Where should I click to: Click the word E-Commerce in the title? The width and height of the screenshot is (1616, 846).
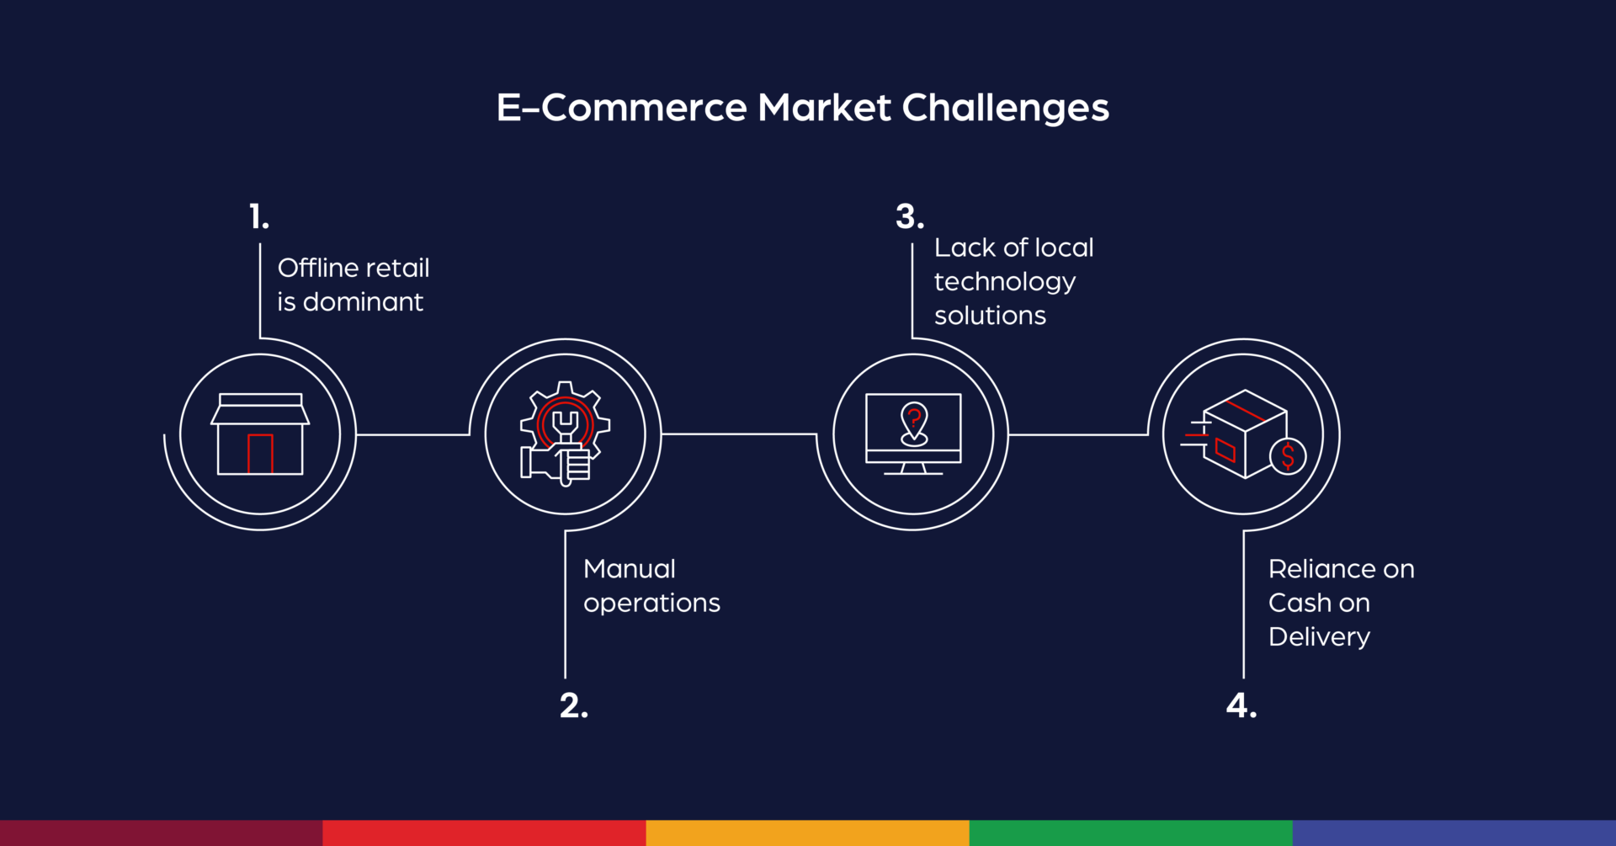tap(621, 108)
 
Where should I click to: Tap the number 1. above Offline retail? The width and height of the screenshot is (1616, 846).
tap(258, 217)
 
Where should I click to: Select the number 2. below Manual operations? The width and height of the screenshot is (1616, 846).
tap(573, 705)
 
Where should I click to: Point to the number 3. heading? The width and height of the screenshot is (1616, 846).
tap(909, 217)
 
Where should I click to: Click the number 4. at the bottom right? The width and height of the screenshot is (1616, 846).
tap(1241, 705)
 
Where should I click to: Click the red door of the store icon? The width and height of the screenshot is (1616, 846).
tap(260, 454)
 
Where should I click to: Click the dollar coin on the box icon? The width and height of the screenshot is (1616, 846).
tap(1288, 456)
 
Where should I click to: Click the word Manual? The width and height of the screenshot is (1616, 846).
tap(630, 569)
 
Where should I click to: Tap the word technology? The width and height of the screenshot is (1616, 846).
tap(1004, 282)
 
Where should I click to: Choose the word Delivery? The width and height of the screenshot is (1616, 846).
tap(1319, 637)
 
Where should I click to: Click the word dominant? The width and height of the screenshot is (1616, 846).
tap(363, 302)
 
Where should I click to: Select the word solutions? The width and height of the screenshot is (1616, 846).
tap(990, 316)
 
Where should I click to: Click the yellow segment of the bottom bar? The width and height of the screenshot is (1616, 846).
tap(807, 833)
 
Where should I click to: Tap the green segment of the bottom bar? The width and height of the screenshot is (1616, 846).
tap(1130, 833)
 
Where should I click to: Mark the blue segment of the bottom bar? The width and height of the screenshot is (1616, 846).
tap(1454, 833)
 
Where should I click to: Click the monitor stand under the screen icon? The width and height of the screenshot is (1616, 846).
tap(913, 469)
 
